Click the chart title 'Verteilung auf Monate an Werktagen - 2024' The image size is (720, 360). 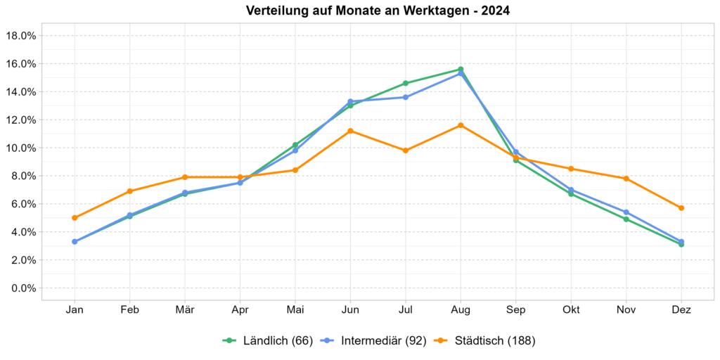coord(378,11)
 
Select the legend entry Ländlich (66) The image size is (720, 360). coord(267,341)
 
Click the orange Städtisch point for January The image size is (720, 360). coord(75,218)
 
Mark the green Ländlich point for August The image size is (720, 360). coord(461,69)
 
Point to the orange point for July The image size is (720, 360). coord(406,150)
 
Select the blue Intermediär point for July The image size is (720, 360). coord(406,97)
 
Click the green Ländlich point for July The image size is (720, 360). coord(406,83)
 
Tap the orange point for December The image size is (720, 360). coord(681,208)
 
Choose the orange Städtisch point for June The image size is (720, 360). coord(350,131)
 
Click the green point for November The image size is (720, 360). coord(626,219)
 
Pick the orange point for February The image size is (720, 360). coord(129,191)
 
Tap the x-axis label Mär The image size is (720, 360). coord(185,310)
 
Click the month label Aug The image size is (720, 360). coord(461,310)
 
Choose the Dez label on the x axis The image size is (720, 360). coord(681,310)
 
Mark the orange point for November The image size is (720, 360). coord(626,179)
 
